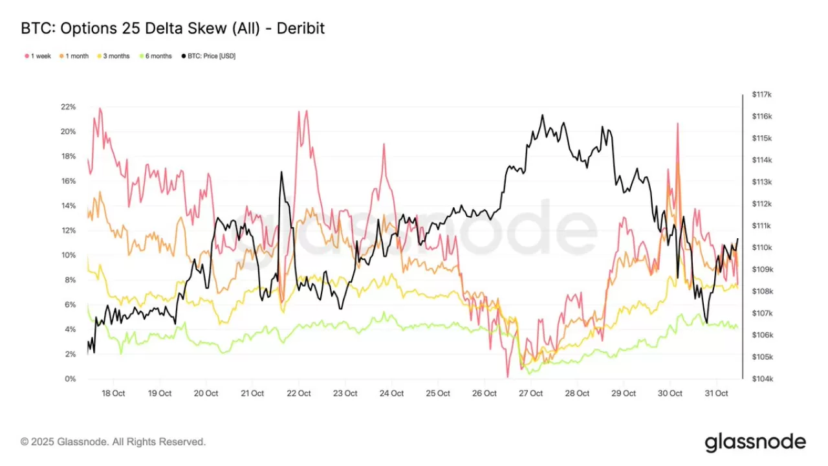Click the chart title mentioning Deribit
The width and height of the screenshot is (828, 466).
173,28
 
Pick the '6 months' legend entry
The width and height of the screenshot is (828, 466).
155,56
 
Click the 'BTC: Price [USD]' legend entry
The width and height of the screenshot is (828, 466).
208,56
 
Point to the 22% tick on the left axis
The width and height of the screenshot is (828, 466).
68,107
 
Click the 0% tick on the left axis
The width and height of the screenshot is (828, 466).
69,379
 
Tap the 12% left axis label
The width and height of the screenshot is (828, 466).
68,230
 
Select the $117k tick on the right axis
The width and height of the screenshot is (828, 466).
762,94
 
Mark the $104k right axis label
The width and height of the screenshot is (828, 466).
762,379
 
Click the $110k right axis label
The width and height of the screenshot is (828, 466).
762,247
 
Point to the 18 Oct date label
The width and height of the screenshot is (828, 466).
114,394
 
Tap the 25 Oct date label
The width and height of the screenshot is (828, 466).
438,394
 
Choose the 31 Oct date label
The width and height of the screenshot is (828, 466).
716,394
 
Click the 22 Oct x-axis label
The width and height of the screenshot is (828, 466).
299,394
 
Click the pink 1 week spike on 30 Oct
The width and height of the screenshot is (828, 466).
677,124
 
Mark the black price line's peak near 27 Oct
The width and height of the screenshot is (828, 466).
542,116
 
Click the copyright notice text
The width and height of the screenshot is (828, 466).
113,442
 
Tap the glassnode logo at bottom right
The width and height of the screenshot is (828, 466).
755,442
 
